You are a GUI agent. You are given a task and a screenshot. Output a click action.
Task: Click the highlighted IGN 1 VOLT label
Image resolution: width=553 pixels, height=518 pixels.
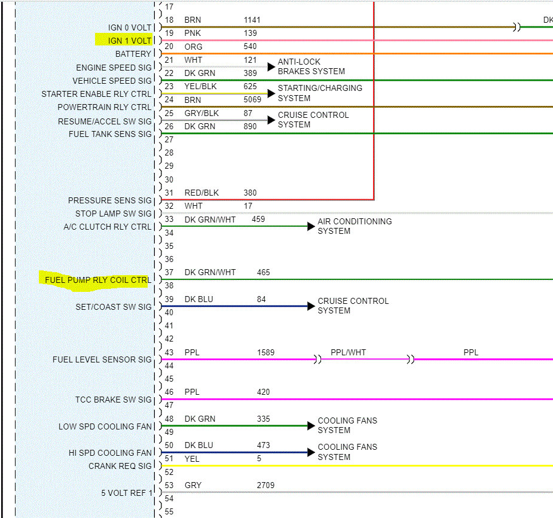130,41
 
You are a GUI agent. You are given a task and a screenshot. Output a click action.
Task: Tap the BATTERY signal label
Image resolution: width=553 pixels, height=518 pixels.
133,54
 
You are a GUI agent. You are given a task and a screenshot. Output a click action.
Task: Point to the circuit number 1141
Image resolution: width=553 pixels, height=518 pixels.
252,20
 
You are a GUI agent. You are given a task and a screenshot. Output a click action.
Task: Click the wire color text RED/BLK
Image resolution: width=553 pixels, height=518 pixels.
201,193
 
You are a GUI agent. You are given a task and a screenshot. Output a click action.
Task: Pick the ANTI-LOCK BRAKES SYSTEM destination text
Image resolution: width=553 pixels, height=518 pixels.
311,66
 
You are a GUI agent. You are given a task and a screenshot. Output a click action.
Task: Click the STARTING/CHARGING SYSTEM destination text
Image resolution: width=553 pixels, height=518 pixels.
320,93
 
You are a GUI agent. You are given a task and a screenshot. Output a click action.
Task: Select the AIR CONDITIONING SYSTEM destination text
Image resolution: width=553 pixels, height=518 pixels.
355,226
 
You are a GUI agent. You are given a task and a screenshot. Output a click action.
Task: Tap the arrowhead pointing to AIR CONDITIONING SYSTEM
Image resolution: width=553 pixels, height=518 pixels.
311,226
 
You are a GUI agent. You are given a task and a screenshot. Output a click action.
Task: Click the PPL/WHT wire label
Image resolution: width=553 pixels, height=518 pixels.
348,352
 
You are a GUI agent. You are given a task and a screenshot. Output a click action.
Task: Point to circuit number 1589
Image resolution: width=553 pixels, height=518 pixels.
265,352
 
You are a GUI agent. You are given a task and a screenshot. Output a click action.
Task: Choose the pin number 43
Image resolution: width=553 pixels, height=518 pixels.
169,352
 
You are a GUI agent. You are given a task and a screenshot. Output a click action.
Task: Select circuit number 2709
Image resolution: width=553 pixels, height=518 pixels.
265,485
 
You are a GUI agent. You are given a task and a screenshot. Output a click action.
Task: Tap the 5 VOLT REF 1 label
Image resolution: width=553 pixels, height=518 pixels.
127,492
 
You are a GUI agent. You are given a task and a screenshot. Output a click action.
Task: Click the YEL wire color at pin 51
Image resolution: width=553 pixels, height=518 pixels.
192,459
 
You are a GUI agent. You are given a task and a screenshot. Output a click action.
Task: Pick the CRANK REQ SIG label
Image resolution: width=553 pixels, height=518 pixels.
120,466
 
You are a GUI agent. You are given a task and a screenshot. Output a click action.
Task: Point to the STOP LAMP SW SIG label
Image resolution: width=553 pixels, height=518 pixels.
114,214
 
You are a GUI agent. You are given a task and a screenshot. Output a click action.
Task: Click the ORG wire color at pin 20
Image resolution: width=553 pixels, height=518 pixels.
193,47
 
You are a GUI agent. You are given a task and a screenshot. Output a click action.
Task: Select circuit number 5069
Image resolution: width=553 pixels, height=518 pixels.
252,99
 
